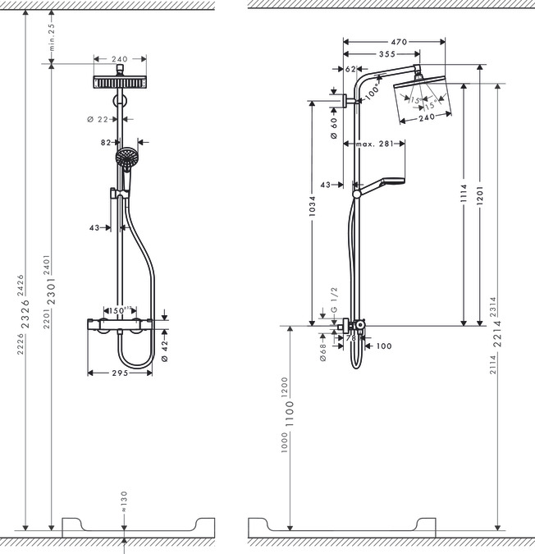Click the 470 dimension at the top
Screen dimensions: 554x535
pos(399,41)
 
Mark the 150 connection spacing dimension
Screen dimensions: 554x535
pos(121,312)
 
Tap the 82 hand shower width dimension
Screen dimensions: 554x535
pos(107,142)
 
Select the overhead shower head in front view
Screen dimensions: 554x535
pos(120,84)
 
